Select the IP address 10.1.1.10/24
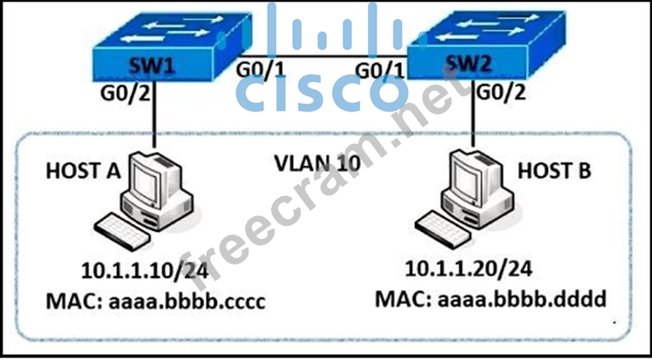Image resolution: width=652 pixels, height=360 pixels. coord(146,271)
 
